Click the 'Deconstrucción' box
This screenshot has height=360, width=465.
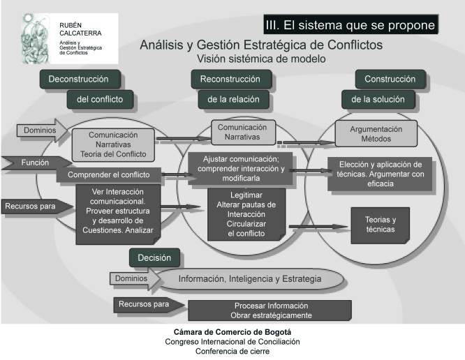pos(80,79)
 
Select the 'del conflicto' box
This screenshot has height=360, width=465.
pos(100,99)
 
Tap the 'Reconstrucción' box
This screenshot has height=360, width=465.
pos(231,79)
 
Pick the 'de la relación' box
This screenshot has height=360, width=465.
pos(234,99)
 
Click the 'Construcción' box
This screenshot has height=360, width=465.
pos(390,79)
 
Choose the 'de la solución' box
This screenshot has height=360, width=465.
pos(378,99)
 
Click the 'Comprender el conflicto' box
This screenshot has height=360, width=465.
pos(109,175)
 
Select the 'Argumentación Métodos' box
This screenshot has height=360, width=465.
pos(376,134)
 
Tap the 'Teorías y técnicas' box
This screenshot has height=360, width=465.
pos(381,225)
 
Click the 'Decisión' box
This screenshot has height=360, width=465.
pos(154,257)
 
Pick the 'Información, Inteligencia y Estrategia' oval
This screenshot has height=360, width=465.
pos(251,279)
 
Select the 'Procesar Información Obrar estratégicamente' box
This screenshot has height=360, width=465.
pos(270,310)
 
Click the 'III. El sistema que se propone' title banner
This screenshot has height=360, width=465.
pos(350,24)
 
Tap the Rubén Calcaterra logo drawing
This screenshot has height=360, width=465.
pos(36,38)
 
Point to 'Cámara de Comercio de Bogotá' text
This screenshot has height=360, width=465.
pos(232,332)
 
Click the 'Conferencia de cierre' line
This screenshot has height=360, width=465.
pos(232,352)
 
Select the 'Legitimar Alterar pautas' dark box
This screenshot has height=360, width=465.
pos(246,214)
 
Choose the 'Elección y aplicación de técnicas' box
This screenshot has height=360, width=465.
pos(381,174)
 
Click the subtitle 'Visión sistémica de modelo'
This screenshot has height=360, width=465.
pos(261,59)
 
